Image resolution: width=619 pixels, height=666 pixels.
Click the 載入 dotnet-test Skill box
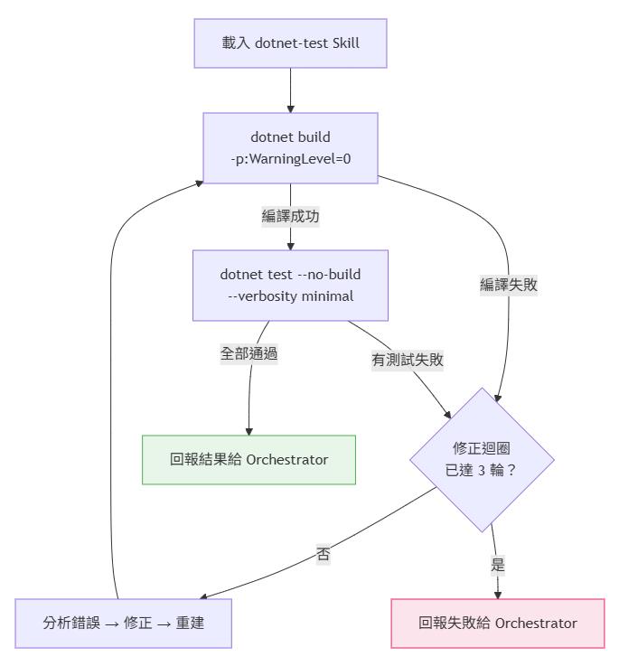pos(290,42)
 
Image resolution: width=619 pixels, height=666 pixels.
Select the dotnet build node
pos(290,148)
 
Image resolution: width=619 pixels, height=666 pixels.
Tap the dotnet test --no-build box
pos(290,285)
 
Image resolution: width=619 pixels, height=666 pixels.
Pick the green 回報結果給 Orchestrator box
pos(249,459)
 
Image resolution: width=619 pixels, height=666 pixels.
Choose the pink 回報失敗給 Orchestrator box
pos(497,623)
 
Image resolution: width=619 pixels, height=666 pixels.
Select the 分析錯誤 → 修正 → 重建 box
pos(123,623)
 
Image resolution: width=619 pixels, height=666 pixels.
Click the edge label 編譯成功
pos(290,217)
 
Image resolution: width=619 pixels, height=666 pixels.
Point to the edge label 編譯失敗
pos(509,285)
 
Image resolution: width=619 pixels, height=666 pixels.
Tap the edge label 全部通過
pos(249,353)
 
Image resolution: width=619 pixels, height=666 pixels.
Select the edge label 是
pos(497,566)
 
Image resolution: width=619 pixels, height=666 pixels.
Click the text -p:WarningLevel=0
pos(290,159)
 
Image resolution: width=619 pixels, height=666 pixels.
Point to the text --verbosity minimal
pos(290,295)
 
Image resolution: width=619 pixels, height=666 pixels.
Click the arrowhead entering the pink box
pos(497,593)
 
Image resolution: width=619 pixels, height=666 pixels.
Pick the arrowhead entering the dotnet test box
pos(290,245)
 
